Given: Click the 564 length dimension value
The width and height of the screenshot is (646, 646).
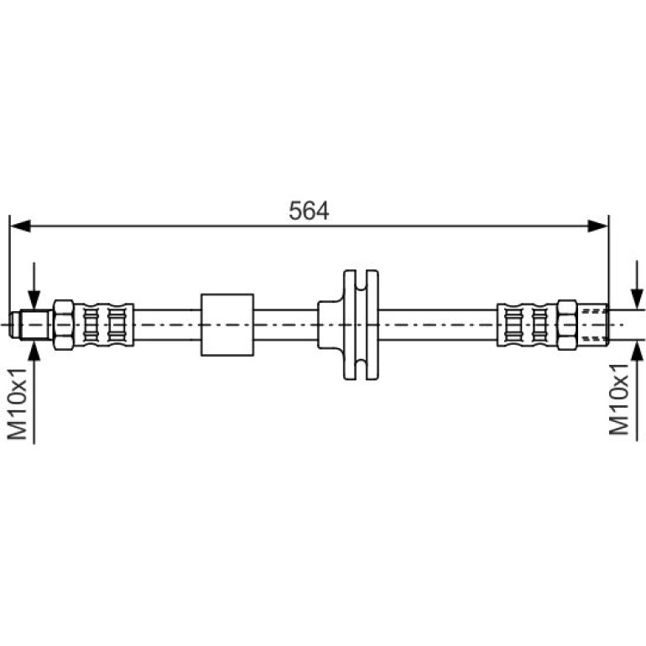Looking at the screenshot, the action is [x=309, y=211].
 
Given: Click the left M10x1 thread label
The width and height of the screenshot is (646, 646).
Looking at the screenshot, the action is [x=18, y=404].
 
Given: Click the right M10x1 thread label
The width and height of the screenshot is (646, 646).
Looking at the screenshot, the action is [x=619, y=399].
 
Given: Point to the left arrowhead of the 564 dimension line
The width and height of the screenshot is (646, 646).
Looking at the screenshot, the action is [x=20, y=226].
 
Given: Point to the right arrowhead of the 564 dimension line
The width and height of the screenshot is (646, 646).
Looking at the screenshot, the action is [x=598, y=226].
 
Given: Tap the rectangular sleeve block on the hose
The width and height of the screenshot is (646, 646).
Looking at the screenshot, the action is [x=227, y=325].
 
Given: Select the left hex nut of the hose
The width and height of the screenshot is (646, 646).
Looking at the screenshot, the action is [x=64, y=325].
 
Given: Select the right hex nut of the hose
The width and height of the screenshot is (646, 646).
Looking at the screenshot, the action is [x=567, y=325].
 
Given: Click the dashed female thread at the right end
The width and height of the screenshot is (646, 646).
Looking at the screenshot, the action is [x=593, y=325].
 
